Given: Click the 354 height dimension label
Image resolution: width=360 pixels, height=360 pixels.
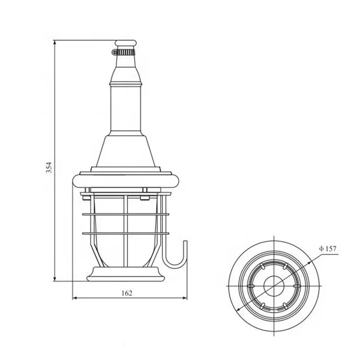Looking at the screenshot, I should [x=50, y=167].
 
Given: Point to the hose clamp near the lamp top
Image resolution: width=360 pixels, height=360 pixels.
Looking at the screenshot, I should [x=127, y=53].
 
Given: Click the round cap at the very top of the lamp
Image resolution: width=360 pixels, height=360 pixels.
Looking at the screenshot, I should [x=127, y=44].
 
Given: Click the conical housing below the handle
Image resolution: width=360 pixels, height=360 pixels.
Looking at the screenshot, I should [x=127, y=150].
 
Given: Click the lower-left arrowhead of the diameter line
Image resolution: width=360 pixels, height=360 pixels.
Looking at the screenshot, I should [x=240, y=308].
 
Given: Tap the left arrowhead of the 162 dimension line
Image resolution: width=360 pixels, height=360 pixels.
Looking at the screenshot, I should [x=74, y=298].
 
